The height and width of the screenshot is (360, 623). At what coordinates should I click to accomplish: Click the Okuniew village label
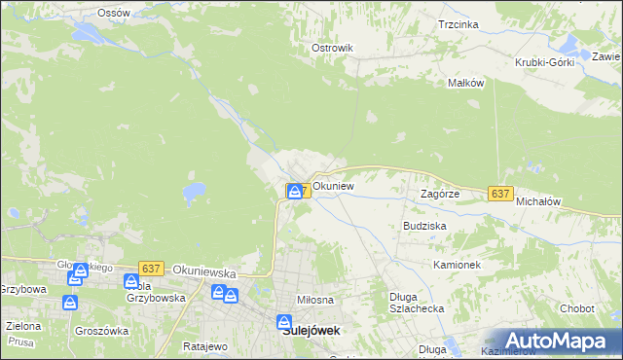tap(333, 185)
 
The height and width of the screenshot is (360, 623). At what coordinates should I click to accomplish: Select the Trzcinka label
tap(458, 24)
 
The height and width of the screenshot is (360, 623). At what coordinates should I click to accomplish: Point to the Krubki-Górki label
tap(545, 62)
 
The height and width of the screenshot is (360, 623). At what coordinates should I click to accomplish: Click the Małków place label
tap(465, 83)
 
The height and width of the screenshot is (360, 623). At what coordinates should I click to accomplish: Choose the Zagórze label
tap(439, 194)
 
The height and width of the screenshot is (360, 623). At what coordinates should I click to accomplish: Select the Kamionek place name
tap(457, 264)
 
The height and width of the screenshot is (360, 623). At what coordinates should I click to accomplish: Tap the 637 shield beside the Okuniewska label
tap(150, 268)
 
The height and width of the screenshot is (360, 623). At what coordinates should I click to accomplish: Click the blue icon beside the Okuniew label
tap(294, 191)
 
